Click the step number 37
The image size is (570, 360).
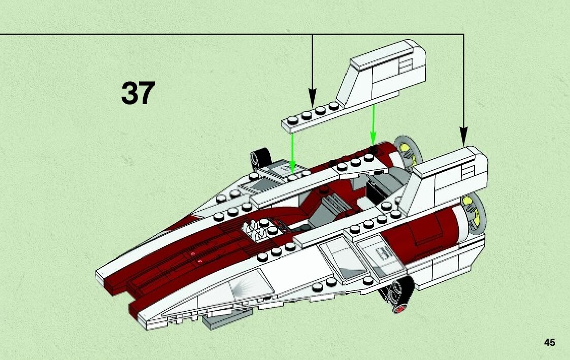pos(138,93)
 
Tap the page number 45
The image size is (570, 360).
pos(549,342)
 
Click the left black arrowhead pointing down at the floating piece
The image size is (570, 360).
pos(312,96)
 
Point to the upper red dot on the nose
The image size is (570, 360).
pos(192,253)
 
